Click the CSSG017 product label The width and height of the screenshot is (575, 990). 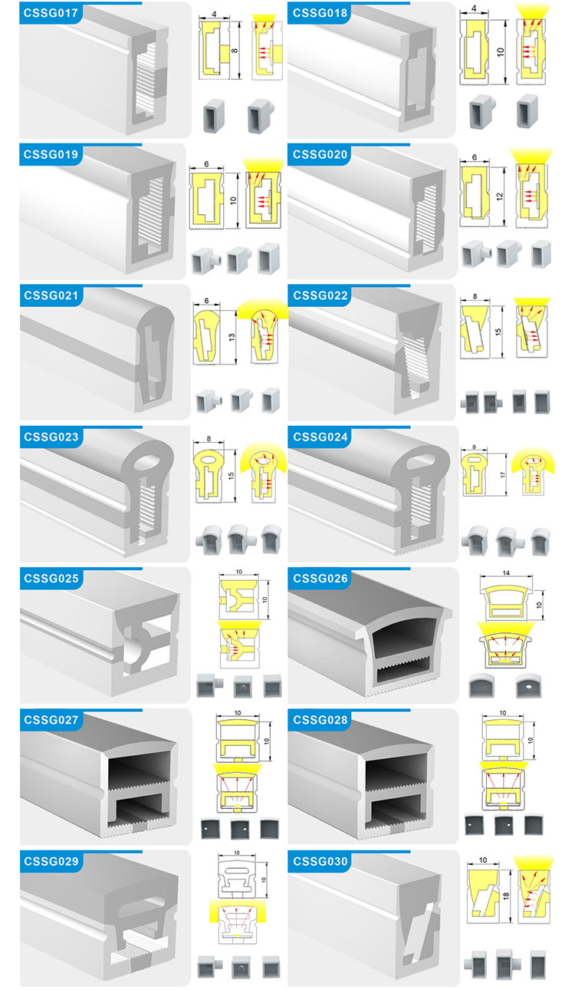(51, 13)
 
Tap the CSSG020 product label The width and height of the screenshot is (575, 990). (320, 154)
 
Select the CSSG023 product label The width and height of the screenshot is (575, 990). (51, 437)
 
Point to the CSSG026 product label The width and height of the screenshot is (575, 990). (320, 578)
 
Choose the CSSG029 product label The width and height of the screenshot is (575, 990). (51, 861)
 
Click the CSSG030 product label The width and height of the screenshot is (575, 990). (320, 861)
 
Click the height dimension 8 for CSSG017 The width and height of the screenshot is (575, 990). (235, 51)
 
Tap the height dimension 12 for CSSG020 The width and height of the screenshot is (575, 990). (499, 196)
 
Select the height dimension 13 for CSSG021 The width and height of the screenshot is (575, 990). (232, 337)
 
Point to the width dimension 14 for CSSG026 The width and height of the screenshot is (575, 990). (506, 573)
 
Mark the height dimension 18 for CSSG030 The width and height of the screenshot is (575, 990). (506, 896)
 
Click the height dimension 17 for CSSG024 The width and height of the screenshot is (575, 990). (503, 475)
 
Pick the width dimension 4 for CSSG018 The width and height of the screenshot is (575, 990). (474, 8)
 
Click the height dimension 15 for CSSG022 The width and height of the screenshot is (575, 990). (498, 332)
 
